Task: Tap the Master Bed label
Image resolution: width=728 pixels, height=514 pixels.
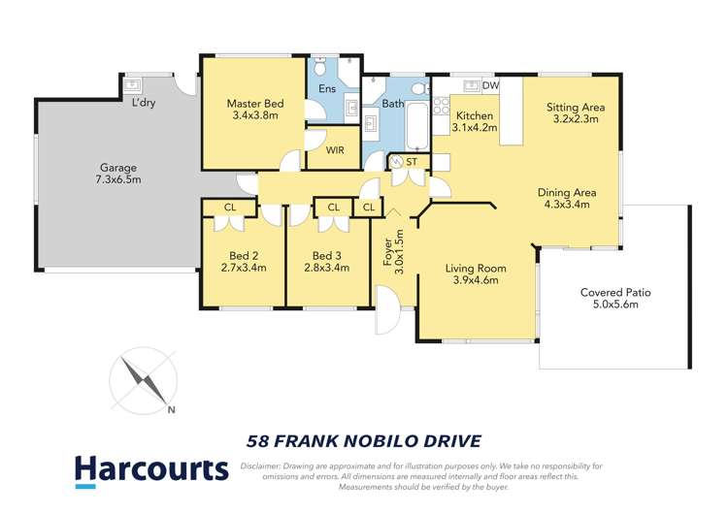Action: pyautogui.click(x=252, y=104)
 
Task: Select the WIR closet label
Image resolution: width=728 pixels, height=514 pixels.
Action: pyautogui.click(x=335, y=150)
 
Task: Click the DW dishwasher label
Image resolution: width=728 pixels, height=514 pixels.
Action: pyautogui.click(x=490, y=86)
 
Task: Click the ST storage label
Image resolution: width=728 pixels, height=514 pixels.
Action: pyautogui.click(x=413, y=160)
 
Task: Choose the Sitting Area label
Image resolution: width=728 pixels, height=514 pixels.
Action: pyautogui.click(x=576, y=107)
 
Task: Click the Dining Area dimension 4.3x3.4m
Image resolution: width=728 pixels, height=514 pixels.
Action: pyautogui.click(x=568, y=205)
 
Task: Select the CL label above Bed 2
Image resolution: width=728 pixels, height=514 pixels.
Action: pyautogui.click(x=230, y=207)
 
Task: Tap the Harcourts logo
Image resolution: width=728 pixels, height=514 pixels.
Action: pyautogui.click(x=151, y=471)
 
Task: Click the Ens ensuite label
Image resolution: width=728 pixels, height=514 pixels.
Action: pyautogui.click(x=327, y=89)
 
